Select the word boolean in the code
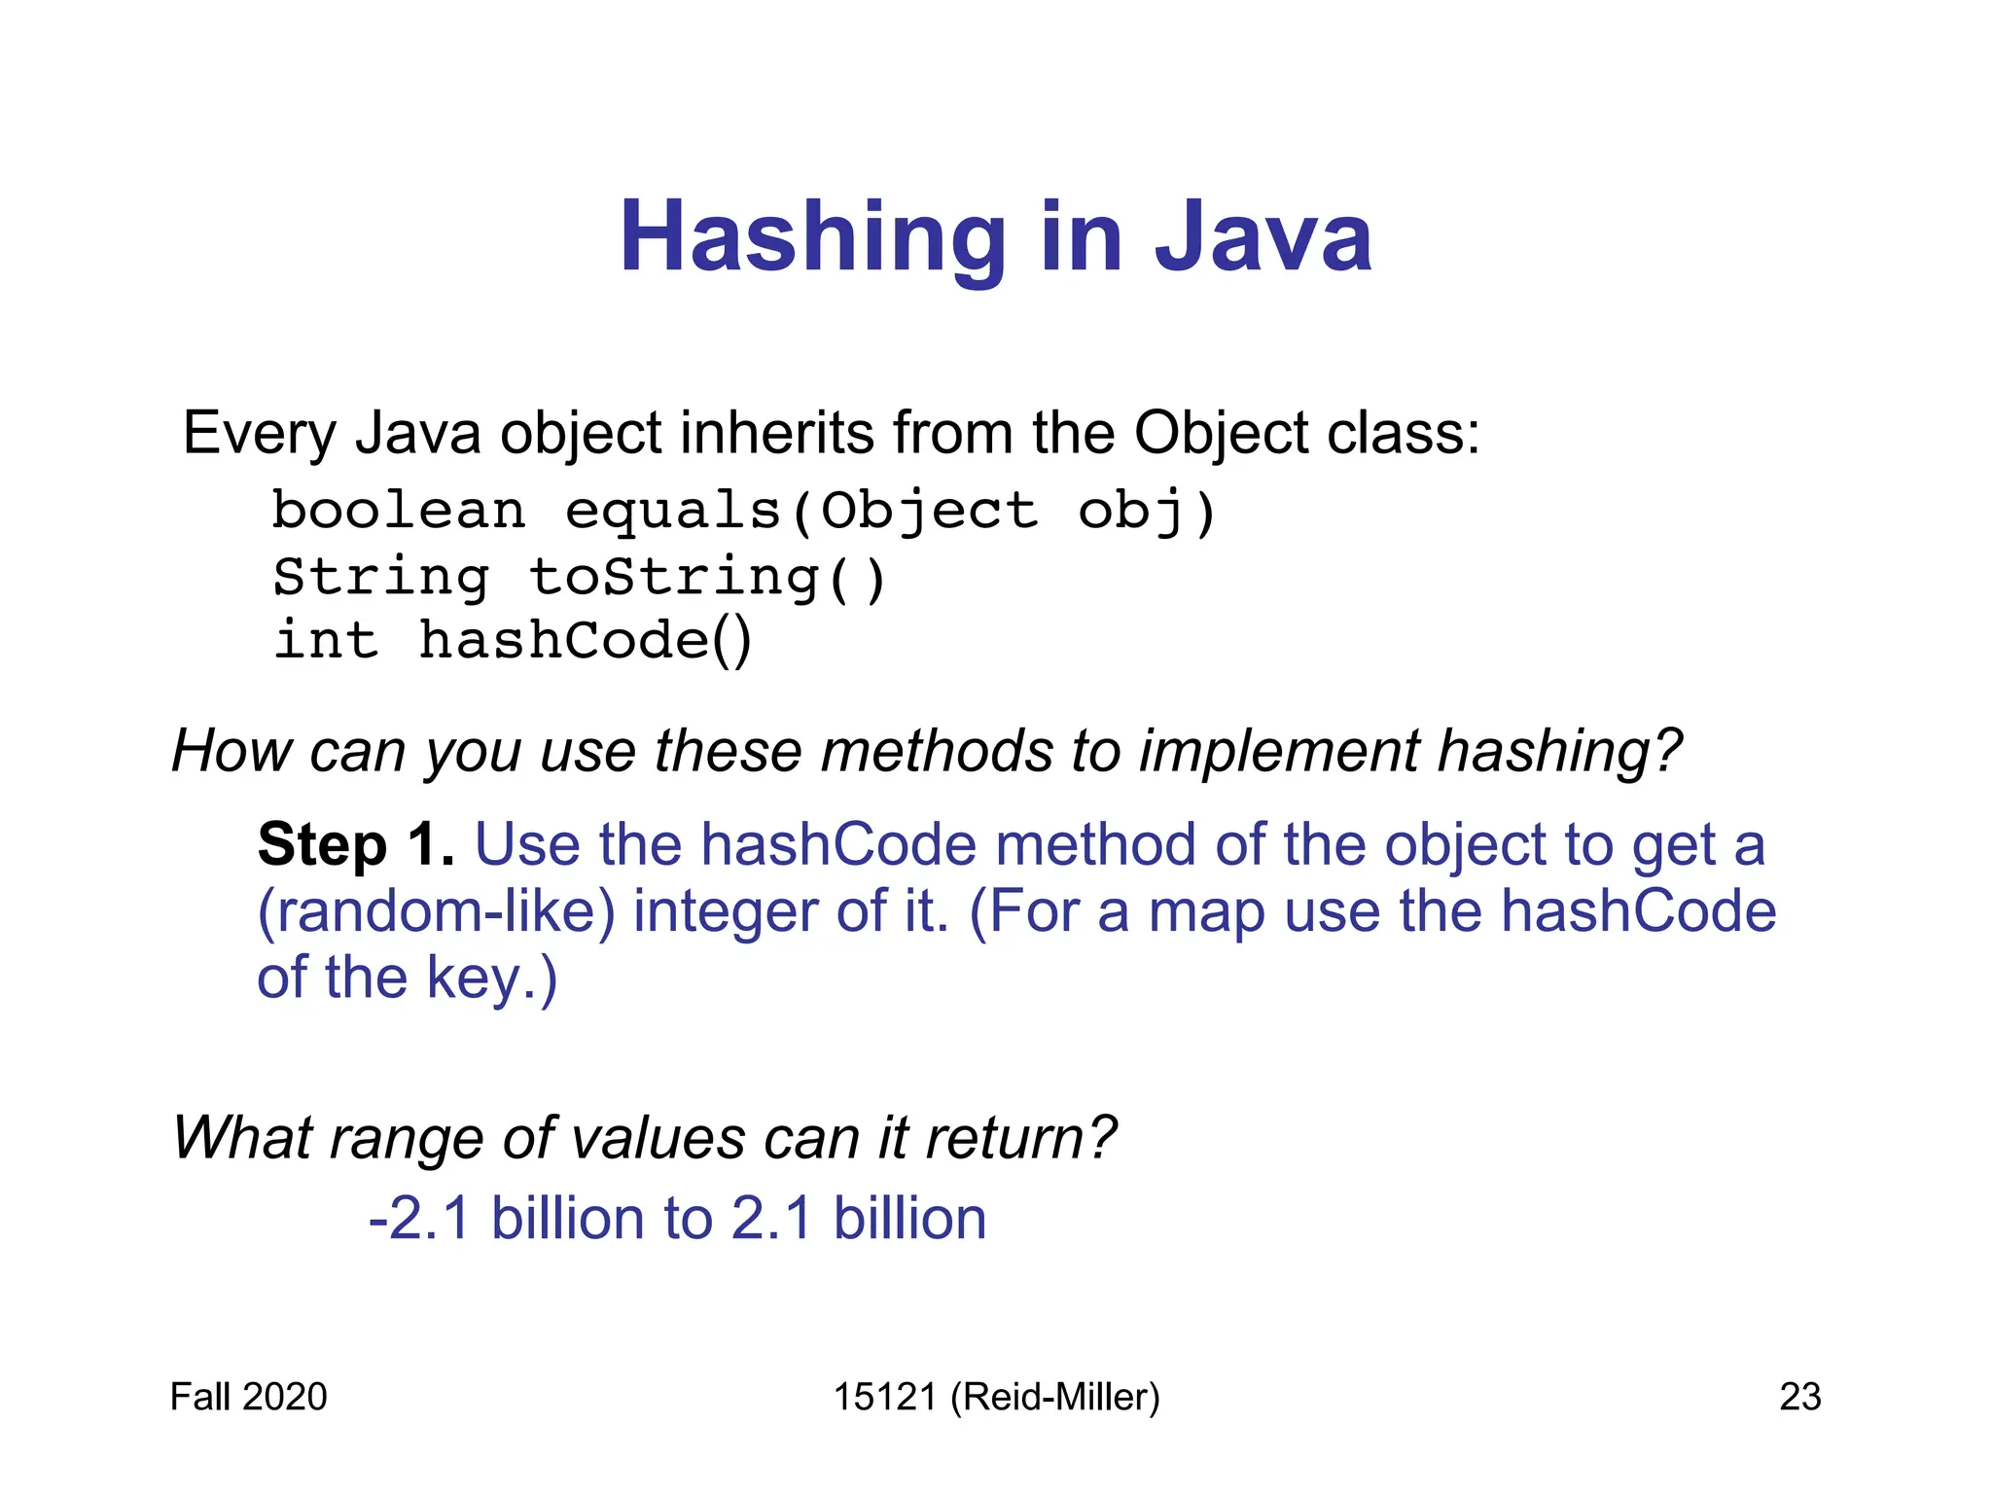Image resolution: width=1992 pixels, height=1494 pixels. (398, 511)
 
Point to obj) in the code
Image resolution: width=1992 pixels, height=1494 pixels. (1147, 513)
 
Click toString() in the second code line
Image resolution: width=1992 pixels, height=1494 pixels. (707, 578)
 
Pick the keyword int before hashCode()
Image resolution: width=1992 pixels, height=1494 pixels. (326, 641)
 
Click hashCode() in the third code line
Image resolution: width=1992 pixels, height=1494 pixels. (585, 641)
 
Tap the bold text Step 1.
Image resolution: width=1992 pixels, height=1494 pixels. (356, 844)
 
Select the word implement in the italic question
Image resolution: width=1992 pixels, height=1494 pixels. (1278, 751)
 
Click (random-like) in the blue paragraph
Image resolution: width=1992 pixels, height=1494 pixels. (436, 912)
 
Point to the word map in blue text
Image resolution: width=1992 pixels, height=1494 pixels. (1206, 912)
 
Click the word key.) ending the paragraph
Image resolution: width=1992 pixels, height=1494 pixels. (491, 978)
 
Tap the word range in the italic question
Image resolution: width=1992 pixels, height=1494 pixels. (407, 1137)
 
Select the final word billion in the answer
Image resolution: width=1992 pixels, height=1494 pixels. (909, 1219)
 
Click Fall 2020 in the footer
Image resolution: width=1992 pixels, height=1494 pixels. (248, 1397)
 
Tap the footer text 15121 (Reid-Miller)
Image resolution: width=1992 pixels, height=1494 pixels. (996, 1397)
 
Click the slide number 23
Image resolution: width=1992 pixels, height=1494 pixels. (1799, 1397)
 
